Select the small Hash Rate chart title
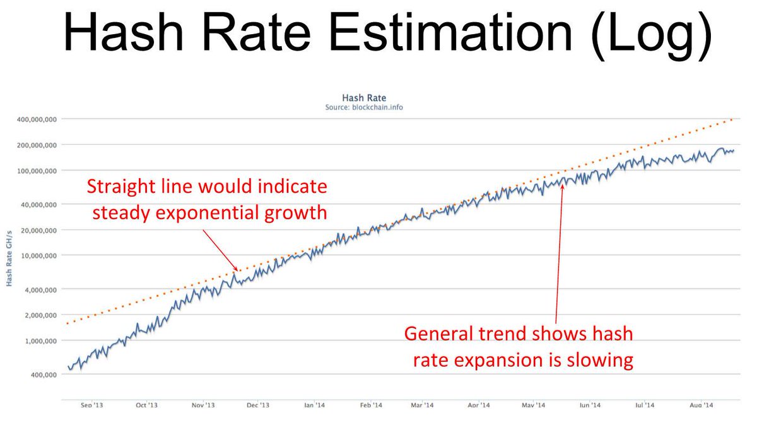pos(364,98)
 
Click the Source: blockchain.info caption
pos(364,107)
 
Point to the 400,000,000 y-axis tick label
pos(35,119)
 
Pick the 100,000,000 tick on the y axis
pos(35,171)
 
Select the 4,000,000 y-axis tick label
pos(39,289)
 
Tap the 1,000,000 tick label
pos(39,341)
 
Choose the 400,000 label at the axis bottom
pos(42,375)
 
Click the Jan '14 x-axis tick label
pos(314,406)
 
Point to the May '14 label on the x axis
pos(534,406)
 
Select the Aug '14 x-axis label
pos(701,406)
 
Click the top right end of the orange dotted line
pos(732,119)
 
